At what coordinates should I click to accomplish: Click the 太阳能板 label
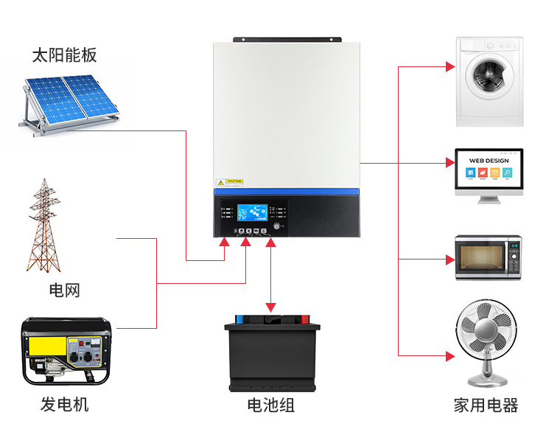[x=64, y=55]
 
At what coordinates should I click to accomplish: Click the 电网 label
[x=64, y=290]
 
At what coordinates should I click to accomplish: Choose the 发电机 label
[x=64, y=405]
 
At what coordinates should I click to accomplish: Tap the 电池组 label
[x=271, y=405]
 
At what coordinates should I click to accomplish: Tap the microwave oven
[x=488, y=257]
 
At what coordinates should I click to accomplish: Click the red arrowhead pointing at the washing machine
[x=450, y=67]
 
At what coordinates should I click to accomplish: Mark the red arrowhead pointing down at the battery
[x=271, y=306]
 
